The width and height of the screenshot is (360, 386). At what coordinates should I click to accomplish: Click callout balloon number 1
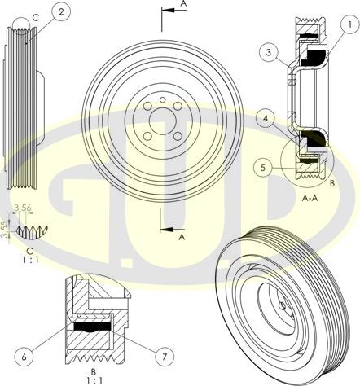coord(349,24)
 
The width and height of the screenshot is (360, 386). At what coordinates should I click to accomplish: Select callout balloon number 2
coord(61,11)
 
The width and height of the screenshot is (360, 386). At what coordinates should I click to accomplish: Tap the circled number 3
coord(269,52)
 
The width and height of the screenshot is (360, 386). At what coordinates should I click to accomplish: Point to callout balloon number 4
coord(266,119)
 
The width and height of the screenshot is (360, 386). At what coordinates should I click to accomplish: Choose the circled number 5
coord(263,168)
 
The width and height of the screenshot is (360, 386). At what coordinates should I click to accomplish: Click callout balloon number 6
coord(24,357)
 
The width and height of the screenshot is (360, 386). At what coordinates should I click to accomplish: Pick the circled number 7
coord(165,357)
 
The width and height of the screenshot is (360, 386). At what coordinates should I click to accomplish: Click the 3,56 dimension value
coord(23,208)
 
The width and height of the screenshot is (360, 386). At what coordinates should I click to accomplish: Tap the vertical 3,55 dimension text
coord(5,230)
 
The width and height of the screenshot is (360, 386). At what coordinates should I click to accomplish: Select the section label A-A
coord(310,198)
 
